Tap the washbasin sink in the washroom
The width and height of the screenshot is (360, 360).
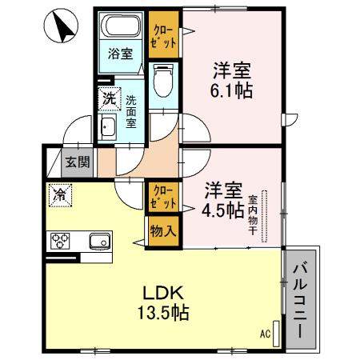click(x=109, y=129)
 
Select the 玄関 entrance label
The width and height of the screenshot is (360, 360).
click(x=78, y=161)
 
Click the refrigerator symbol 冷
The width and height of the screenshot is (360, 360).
click(x=59, y=193)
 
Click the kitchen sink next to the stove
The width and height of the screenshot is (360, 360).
click(x=98, y=240)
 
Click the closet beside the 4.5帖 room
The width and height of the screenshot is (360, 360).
click(x=163, y=198)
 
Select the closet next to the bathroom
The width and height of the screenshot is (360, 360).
click(x=164, y=35)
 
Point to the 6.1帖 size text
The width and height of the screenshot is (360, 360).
click(x=233, y=90)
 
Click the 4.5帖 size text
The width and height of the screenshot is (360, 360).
click(x=224, y=211)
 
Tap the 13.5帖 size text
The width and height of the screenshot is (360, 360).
click(x=166, y=313)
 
